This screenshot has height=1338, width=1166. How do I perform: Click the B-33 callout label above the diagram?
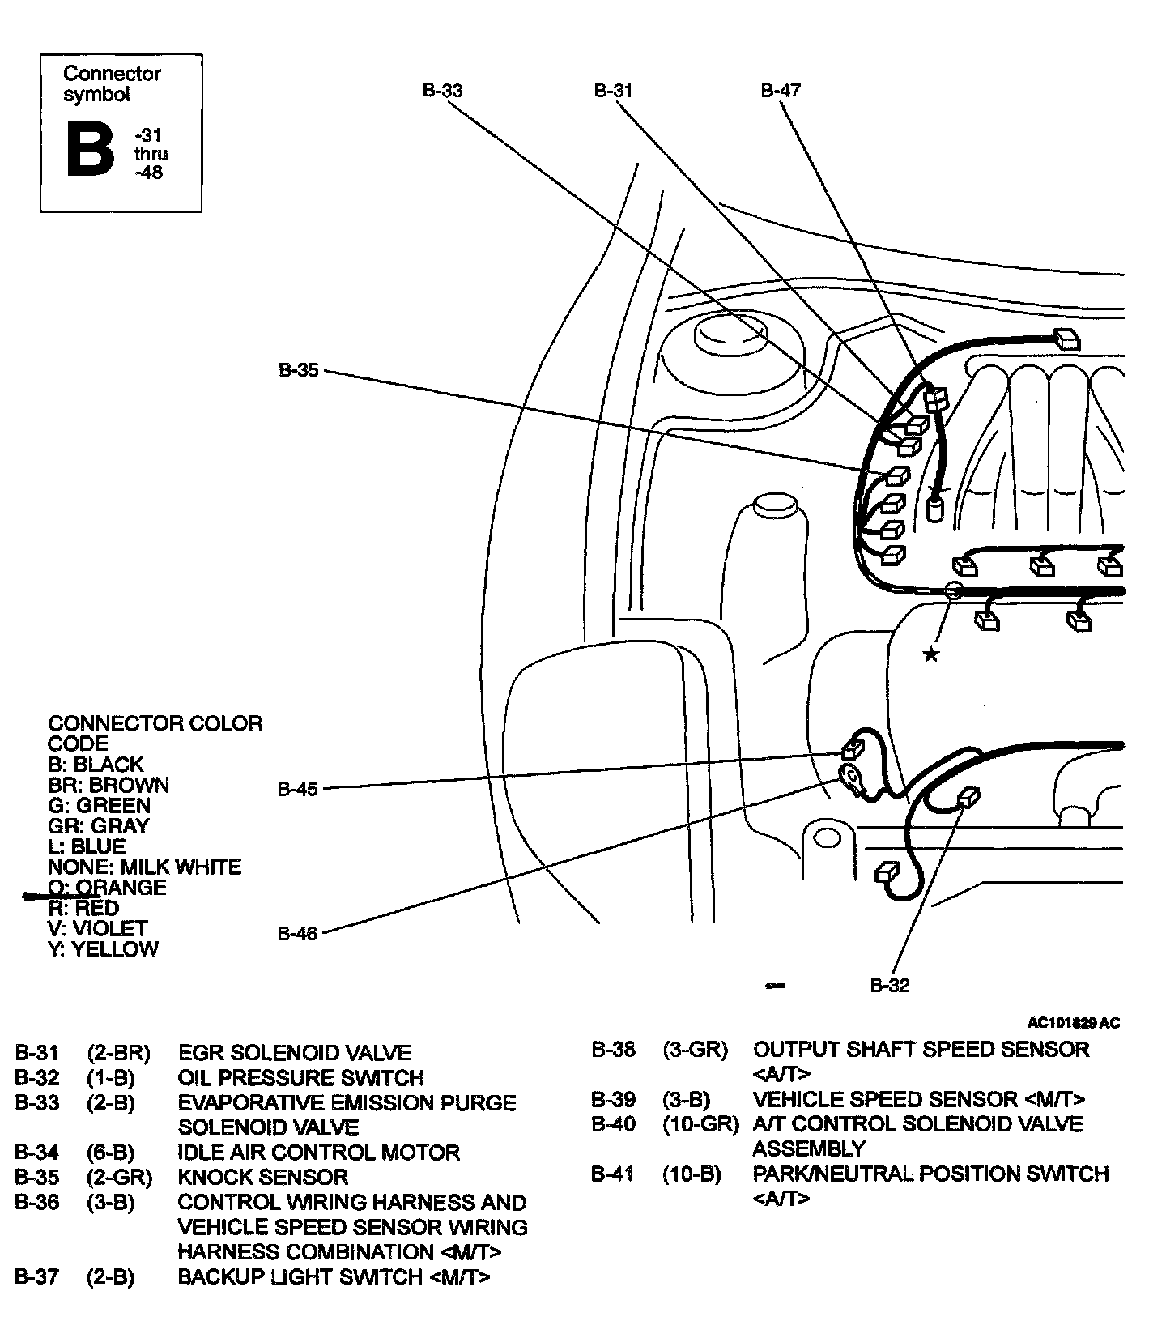443,90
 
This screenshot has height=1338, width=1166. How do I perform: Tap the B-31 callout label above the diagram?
613,90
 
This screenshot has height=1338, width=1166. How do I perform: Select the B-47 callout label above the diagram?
781,90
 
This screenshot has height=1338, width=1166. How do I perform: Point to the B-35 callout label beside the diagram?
299,371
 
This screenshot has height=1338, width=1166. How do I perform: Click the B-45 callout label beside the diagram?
298,788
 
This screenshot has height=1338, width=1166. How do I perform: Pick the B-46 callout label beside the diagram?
298,933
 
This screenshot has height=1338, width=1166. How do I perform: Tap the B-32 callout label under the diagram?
890,985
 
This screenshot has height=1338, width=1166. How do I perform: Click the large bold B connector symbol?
90,150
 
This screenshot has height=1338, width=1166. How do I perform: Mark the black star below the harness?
932,654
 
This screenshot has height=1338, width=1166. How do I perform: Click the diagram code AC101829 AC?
1074,1023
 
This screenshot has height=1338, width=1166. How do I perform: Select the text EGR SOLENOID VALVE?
294,1053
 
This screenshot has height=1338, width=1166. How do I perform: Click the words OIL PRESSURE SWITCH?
300,1078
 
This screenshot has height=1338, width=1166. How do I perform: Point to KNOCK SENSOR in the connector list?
262,1177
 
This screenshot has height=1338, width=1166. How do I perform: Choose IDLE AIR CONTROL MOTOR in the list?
318,1152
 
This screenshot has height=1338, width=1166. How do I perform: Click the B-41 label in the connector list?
613,1174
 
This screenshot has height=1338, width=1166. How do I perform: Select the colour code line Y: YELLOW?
103,948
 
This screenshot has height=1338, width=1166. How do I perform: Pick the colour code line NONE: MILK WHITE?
144,867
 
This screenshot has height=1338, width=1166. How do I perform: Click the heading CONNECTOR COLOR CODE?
155,733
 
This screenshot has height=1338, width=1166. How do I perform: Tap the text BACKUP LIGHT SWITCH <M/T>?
334,1276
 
